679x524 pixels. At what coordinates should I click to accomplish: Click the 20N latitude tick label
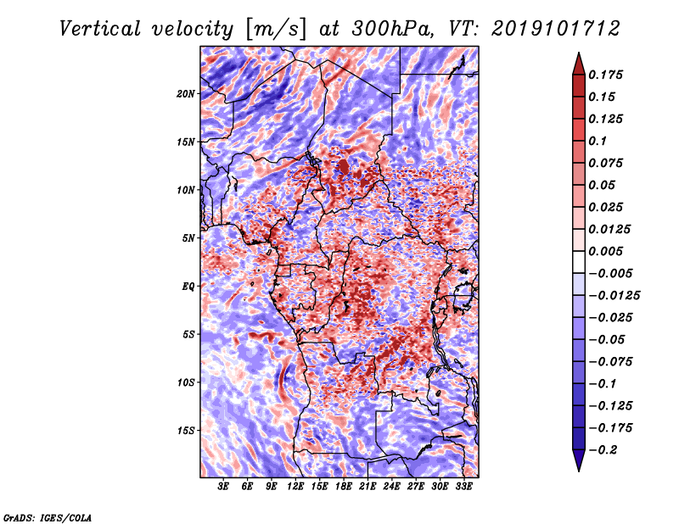186,93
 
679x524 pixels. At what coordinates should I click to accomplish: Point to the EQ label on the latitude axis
188,286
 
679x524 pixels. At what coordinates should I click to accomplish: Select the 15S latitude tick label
186,430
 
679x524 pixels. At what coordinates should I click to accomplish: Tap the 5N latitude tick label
188,237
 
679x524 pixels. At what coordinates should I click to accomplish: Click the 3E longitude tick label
223,487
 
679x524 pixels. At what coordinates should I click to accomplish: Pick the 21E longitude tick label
368,487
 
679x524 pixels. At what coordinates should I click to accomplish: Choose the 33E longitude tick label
463,487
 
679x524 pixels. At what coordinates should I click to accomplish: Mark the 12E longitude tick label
295,487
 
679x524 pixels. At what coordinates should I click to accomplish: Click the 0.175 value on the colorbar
608,75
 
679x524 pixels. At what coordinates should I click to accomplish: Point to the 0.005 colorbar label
608,251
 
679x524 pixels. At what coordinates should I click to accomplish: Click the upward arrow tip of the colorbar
578,55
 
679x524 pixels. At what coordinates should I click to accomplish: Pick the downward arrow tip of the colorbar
578,468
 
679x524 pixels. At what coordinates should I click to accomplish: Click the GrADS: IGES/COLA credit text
47,516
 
